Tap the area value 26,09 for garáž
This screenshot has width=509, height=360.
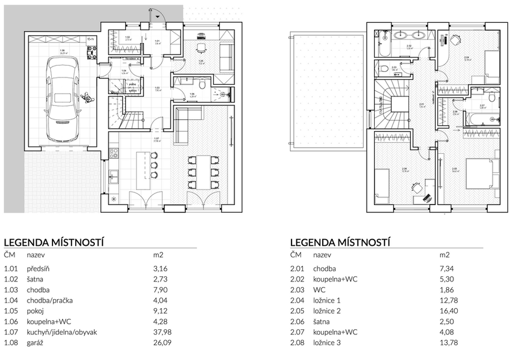(161, 343)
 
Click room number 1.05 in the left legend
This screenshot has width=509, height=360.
(11, 311)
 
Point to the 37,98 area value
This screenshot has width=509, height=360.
(161, 332)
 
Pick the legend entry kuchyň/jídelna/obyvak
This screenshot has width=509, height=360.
(62, 332)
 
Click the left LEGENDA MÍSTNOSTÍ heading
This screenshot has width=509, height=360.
(55, 242)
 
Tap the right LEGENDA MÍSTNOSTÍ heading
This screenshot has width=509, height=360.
(340, 242)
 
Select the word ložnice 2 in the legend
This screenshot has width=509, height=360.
(328, 311)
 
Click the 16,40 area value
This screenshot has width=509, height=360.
(447, 311)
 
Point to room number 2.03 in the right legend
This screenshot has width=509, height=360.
(297, 290)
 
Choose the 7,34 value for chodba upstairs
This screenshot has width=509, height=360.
(445, 269)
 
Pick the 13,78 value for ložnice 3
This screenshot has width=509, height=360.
(447, 343)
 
